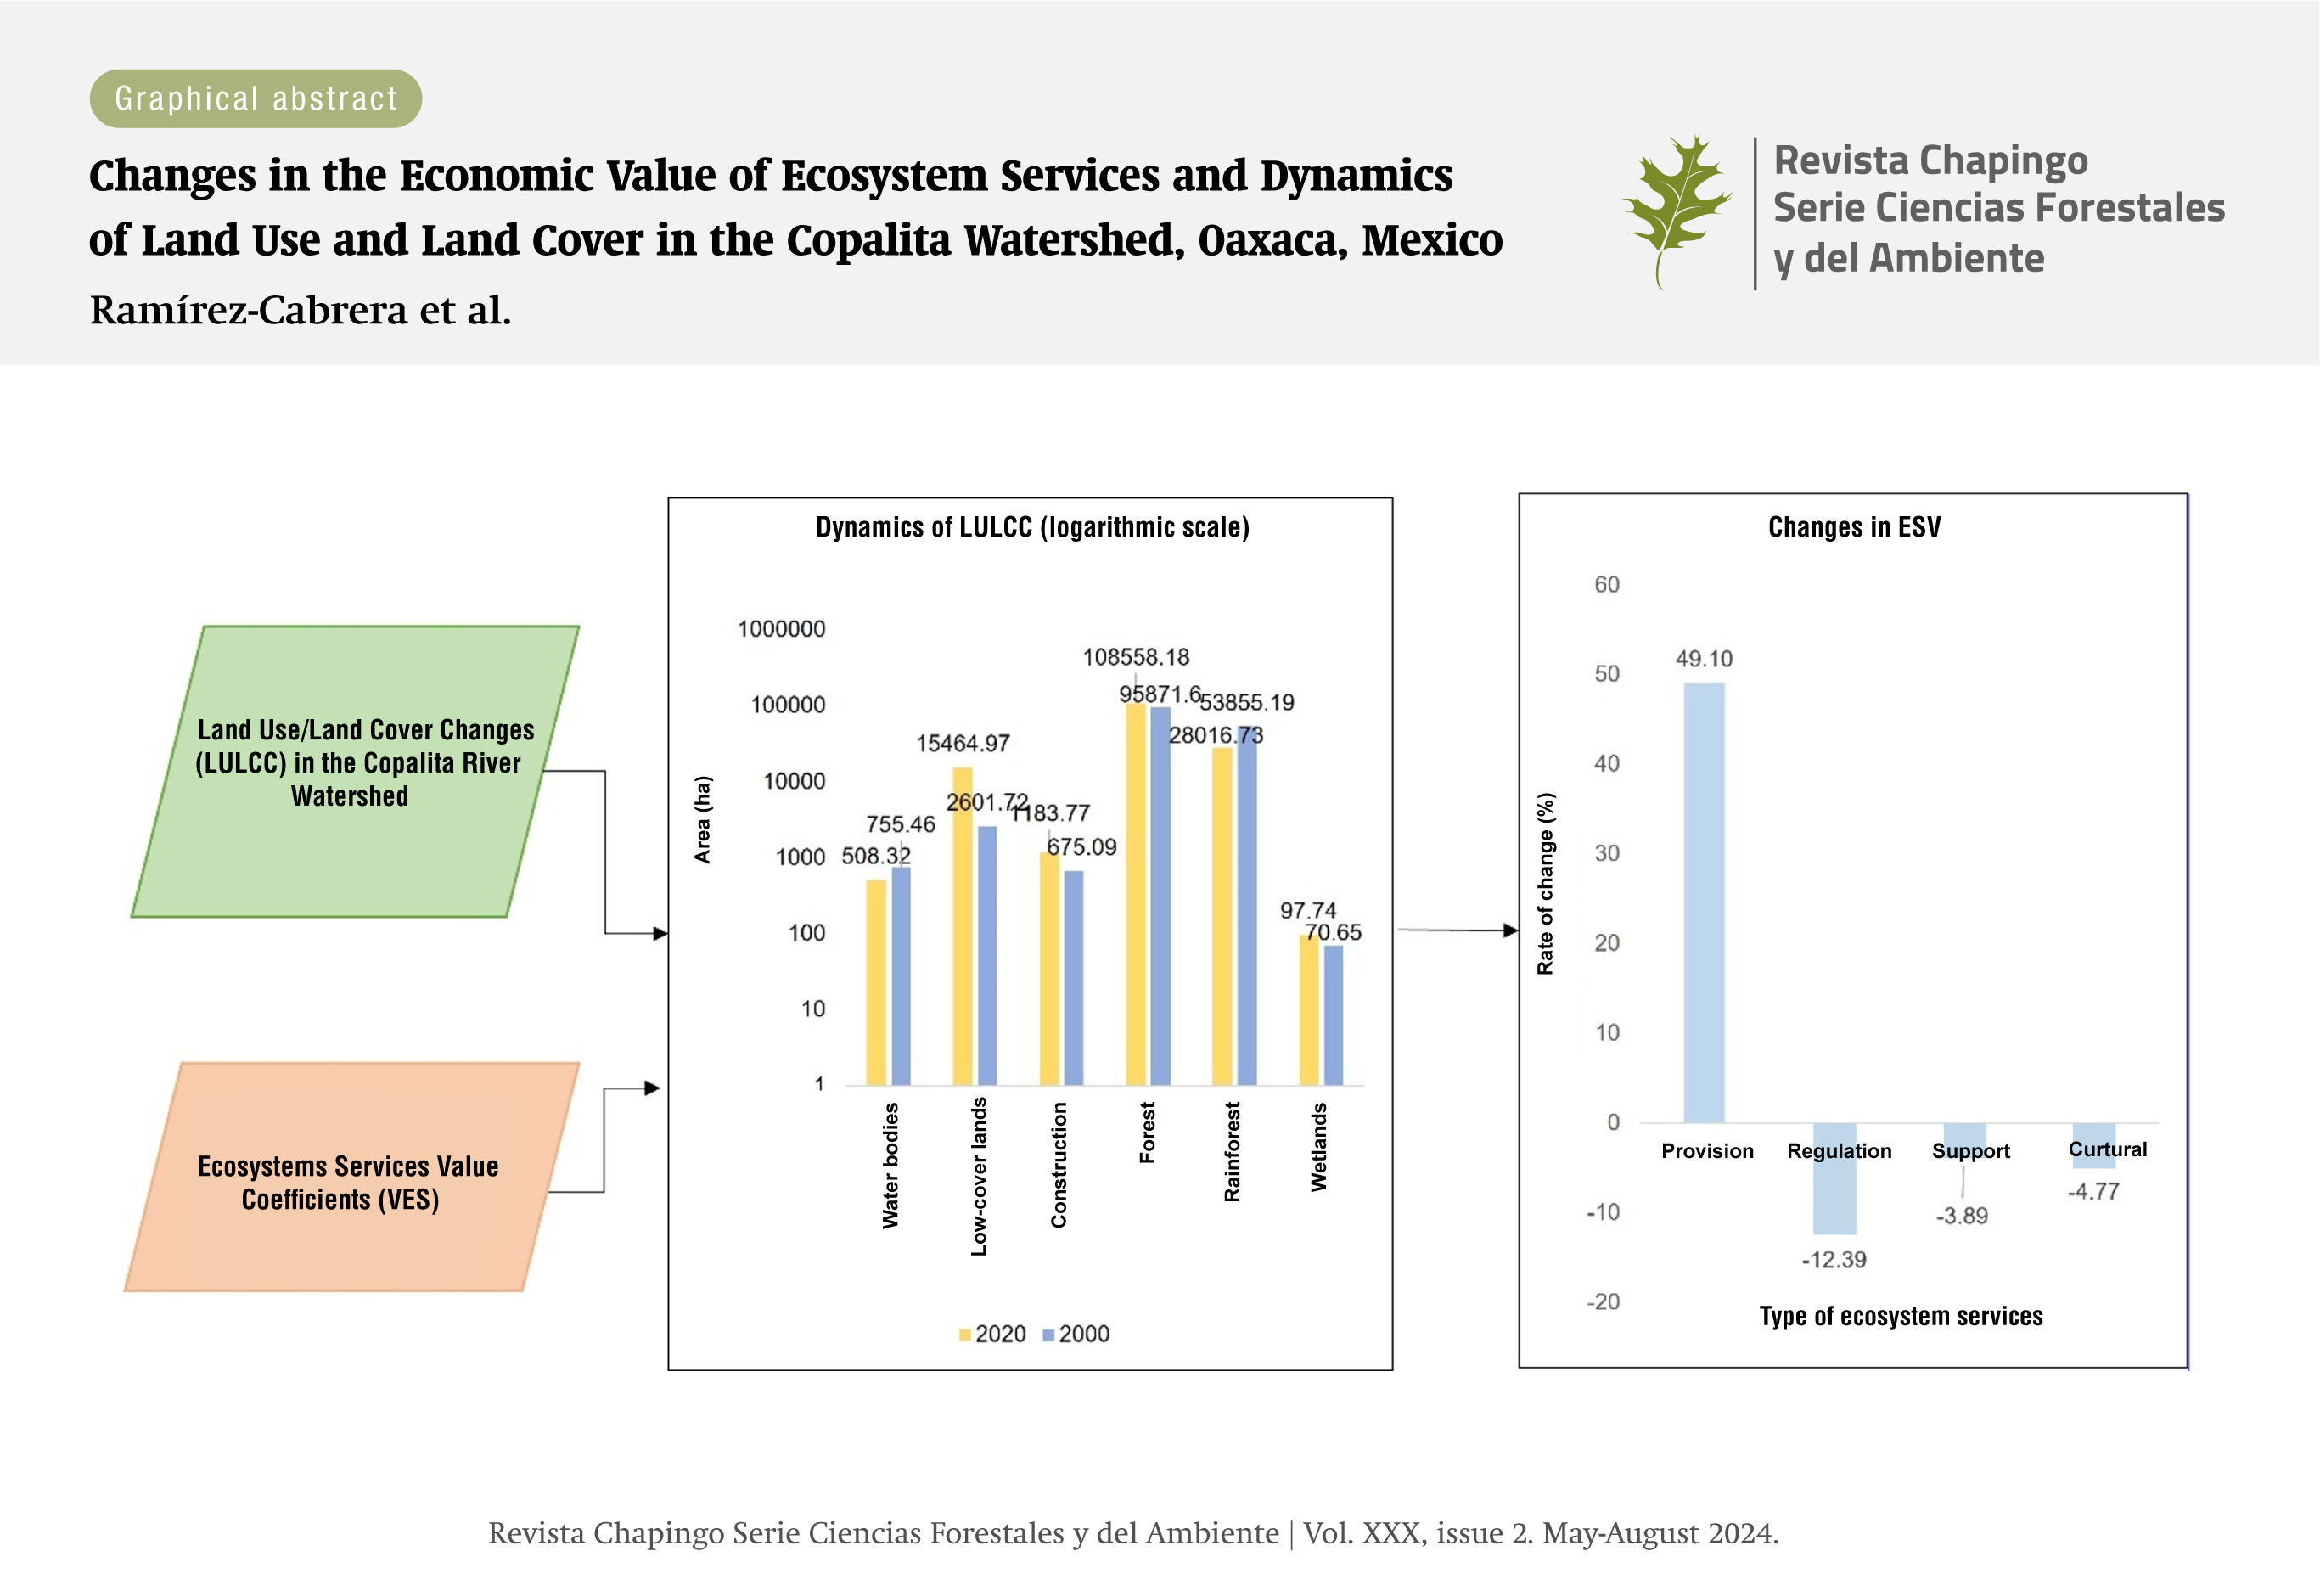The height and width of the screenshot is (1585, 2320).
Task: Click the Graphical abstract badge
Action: pos(256,98)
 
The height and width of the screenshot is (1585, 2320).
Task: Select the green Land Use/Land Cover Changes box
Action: pos(356,771)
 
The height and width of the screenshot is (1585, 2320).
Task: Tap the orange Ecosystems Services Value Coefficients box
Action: pos(351,1177)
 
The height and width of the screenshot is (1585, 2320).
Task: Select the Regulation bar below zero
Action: pos(1834,1178)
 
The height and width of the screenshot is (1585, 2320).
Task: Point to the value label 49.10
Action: pos(1703,659)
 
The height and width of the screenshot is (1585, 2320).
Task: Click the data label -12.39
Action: pos(1833,1260)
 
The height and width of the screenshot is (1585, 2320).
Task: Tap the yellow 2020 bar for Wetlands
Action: pos(1309,1010)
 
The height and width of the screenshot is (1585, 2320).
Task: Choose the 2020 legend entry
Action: pos(992,1334)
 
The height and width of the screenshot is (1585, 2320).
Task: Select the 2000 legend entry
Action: pos(1076,1334)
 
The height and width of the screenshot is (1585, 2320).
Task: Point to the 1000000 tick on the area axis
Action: pos(782,629)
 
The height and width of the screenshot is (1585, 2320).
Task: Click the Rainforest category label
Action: pos(1232,1152)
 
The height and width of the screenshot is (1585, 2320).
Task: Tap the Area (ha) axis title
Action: pos(703,819)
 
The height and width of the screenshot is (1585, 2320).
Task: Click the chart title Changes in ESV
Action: pos(1854,527)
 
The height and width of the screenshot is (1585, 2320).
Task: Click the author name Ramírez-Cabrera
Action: pos(249,311)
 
